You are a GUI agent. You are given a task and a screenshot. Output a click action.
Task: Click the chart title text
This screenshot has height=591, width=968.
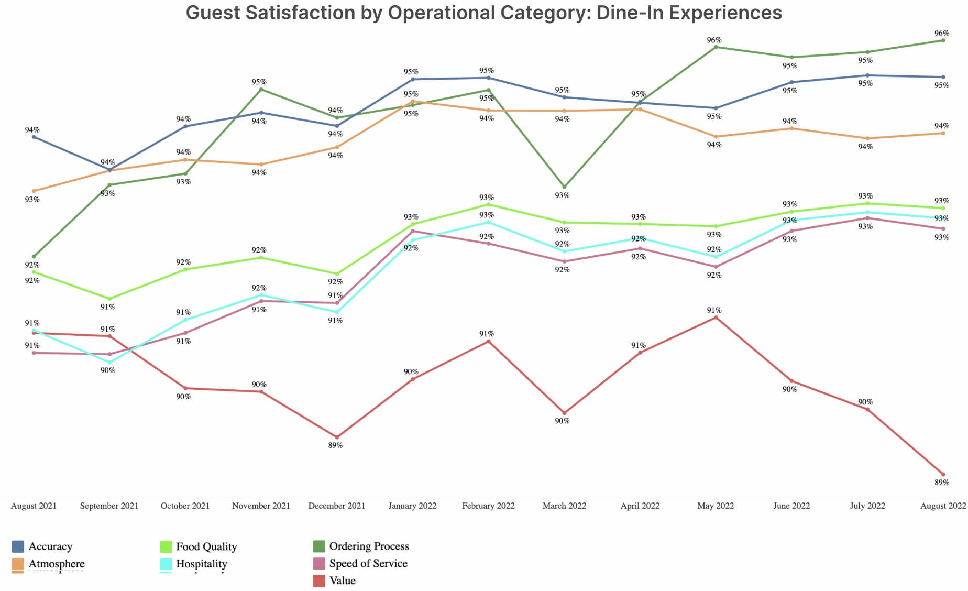483,13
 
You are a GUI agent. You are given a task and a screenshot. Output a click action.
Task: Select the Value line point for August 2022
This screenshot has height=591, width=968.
943,474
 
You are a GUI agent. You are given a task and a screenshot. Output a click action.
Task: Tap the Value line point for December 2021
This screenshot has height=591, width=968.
337,437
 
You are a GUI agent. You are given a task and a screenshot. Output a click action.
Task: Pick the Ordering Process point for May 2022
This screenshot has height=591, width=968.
716,47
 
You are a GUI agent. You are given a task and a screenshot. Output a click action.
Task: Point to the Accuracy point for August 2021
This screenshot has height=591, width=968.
34,137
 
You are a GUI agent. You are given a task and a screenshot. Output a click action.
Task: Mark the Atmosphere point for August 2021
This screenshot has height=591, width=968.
34,191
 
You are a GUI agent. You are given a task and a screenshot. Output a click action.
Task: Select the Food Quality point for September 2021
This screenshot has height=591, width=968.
109,299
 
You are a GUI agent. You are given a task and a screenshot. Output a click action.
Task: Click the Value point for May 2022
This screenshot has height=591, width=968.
716,318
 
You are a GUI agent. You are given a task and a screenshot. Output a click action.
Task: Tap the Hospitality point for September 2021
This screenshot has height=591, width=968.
109,362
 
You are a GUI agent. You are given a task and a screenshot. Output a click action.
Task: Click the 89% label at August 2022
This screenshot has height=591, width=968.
941,482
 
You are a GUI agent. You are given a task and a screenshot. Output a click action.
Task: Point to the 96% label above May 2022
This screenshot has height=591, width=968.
714,40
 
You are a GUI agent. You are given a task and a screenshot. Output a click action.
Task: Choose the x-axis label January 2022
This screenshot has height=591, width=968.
412,506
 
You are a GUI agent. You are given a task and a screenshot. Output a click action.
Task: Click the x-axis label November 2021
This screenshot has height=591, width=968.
261,506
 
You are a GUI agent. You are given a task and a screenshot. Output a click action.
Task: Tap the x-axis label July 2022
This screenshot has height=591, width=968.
867,506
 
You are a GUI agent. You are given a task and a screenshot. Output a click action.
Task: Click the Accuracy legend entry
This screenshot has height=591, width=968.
50,546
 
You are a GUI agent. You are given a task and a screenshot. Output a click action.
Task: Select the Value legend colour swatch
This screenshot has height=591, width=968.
319,581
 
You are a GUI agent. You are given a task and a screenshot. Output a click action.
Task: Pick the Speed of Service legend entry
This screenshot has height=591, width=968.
368,563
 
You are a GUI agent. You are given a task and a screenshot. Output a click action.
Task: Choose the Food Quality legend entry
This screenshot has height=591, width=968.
206,546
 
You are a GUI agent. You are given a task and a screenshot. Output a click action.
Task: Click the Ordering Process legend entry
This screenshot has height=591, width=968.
369,546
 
